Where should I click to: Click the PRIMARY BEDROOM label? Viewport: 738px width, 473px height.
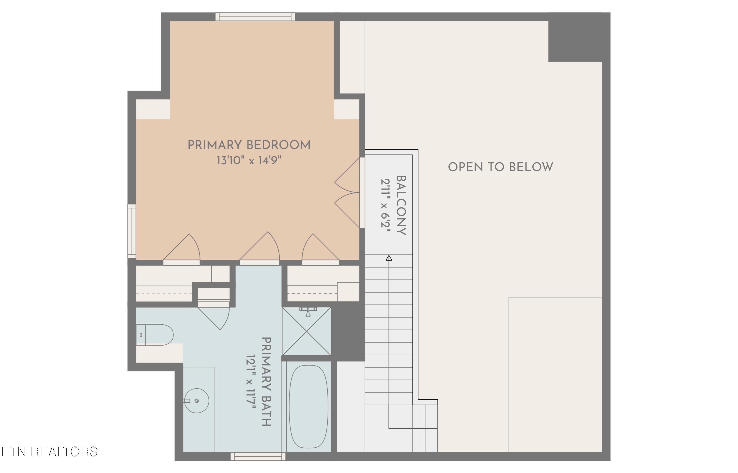(x=249, y=145)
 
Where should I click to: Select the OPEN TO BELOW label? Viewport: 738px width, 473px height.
(x=500, y=167)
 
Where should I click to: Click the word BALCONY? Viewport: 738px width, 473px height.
(x=401, y=205)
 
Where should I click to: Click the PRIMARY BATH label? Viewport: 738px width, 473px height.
(x=266, y=381)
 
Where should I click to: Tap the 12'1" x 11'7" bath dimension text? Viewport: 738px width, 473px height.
(x=250, y=381)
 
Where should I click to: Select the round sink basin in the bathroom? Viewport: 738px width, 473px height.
(x=197, y=400)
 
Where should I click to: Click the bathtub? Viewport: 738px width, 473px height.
(x=308, y=406)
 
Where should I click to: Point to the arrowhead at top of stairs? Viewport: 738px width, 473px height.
(x=389, y=258)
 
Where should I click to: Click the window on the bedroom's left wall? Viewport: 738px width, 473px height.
(x=132, y=231)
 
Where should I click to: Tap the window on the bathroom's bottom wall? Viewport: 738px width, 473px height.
(x=258, y=457)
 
